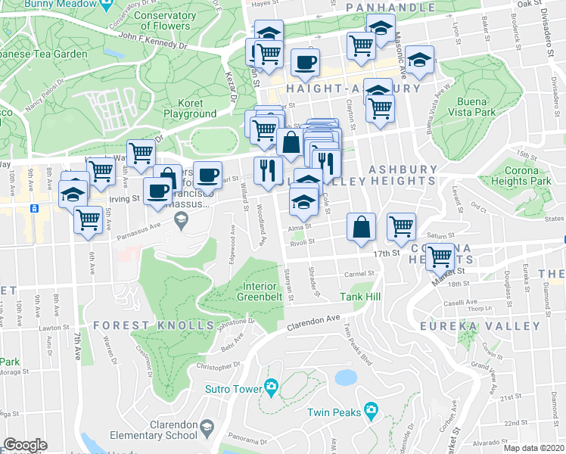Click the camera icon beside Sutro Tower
pos(271,388)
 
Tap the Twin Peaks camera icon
pos(370,411)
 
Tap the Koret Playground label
pos(191,108)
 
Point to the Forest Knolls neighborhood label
pos(154,325)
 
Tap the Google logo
pos(25,445)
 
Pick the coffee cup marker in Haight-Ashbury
pos(305,62)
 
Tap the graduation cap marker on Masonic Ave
pos(418,58)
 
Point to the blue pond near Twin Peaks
pos(345,377)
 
